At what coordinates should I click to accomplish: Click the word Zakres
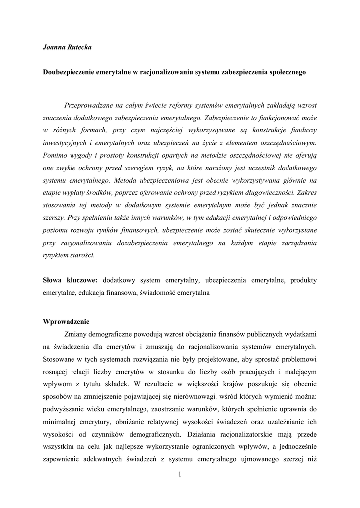[x=306, y=193]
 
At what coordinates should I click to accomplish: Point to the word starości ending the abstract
[x=81, y=255]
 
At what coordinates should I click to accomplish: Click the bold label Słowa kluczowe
[x=70, y=280]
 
